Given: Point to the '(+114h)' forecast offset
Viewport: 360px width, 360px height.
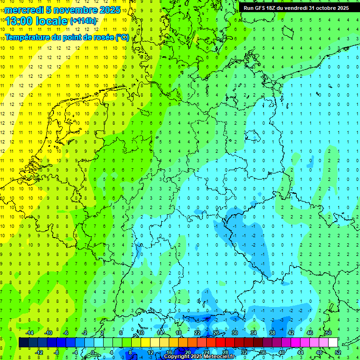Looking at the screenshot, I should tap(83, 21).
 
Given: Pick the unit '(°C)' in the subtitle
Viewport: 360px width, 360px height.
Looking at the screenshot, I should tap(122, 37).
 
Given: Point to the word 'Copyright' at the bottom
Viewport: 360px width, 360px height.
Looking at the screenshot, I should tap(177, 357).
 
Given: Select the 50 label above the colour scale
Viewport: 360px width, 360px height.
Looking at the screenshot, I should tap(328, 333).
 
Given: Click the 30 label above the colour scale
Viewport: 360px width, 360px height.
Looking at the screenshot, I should tap(235, 333).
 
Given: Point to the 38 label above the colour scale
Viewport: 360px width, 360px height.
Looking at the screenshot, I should tap(272, 333).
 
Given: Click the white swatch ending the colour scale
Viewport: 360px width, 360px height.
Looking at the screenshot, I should tap(333, 343).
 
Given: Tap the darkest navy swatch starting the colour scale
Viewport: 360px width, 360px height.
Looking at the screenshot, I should tap(23, 343).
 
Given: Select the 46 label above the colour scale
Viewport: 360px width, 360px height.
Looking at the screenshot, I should tap(310, 333).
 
